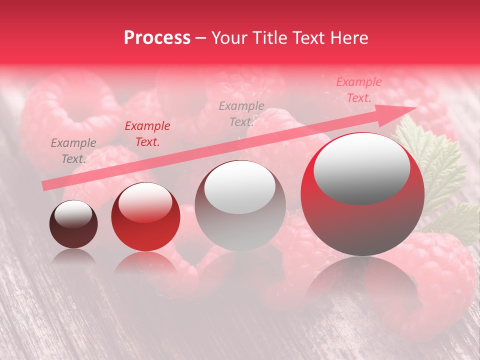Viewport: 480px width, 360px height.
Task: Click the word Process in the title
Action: point(157,38)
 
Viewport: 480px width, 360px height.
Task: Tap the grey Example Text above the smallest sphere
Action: point(73,151)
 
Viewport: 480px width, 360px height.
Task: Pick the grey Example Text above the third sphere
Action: point(241,113)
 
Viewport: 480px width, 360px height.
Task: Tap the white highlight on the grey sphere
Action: point(240,186)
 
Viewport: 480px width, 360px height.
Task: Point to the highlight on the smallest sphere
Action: point(73,214)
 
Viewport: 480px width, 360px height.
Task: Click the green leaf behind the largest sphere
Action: point(440,165)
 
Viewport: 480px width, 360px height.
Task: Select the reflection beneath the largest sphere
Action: point(362,280)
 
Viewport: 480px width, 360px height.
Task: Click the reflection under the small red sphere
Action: point(145,262)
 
